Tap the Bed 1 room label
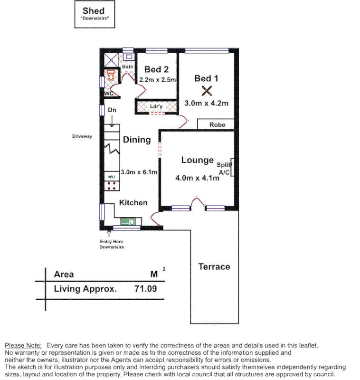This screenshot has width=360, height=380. coord(206,78)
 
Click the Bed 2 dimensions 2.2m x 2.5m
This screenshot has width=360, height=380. coord(157,80)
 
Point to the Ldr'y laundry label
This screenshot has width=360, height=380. coord(156,106)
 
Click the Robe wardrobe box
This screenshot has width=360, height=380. coord(216,124)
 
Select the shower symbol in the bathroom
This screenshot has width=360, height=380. coord(111,59)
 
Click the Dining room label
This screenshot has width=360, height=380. coord(137,140)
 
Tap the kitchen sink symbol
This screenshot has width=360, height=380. coord(128,221)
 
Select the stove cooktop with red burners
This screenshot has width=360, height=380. coord(112,185)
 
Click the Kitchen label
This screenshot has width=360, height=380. coord(133,203)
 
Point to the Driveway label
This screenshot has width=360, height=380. coord(82,136)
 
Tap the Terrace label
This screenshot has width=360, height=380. coord(214,266)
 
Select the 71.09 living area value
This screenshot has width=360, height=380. coord(145,288)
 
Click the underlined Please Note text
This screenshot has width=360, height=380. coord(23,345)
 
